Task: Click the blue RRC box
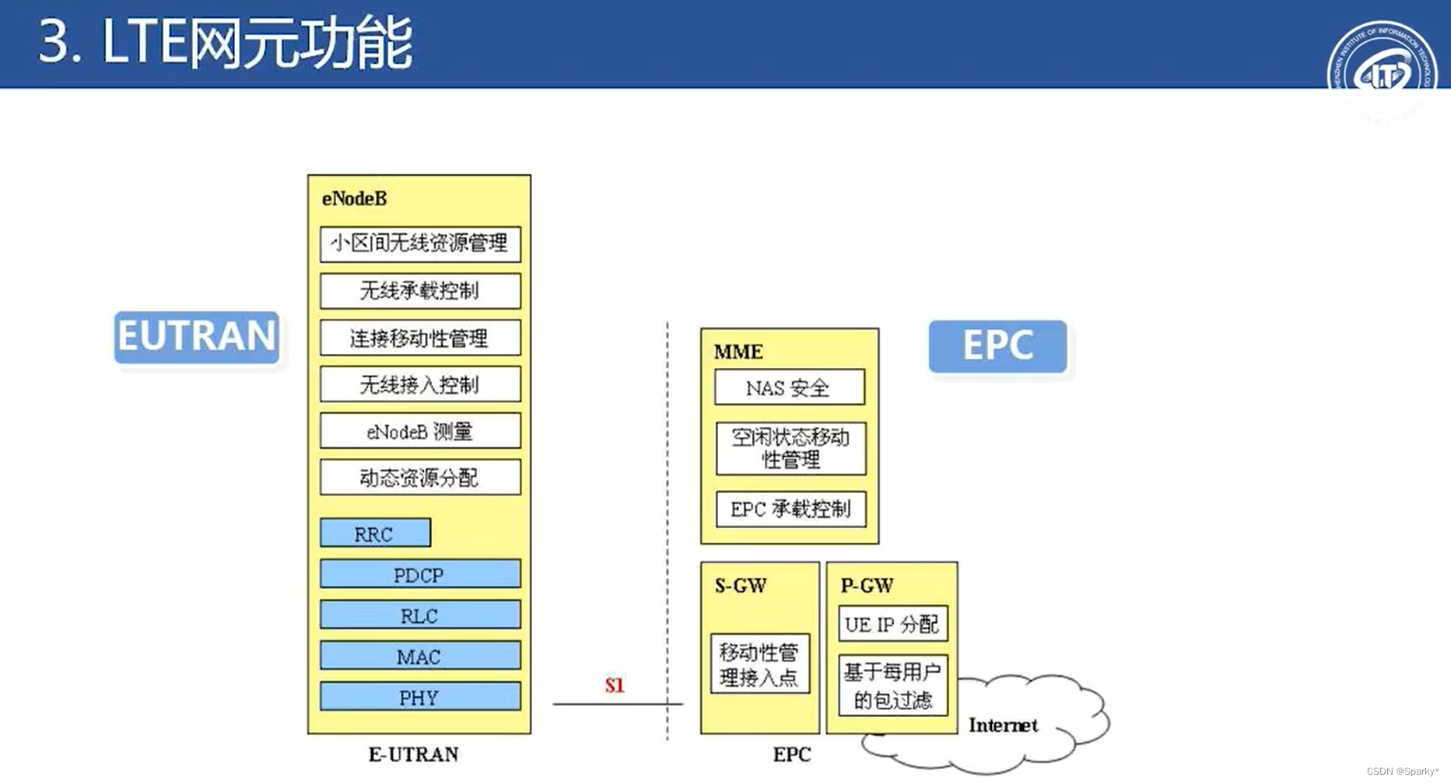click(375, 534)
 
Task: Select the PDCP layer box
click(420, 575)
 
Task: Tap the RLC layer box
click(420, 615)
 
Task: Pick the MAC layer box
click(420, 656)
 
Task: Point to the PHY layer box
click(420, 697)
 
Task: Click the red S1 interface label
click(615, 685)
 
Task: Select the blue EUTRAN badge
click(197, 337)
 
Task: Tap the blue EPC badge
click(997, 346)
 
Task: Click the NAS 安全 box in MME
click(789, 387)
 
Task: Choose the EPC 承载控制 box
click(790, 509)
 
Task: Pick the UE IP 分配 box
click(892, 624)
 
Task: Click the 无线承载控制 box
click(420, 291)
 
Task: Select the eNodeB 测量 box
click(420, 431)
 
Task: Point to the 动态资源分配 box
click(420, 478)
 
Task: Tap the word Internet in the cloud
click(1003, 726)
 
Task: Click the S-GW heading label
click(741, 586)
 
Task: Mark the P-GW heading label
click(867, 586)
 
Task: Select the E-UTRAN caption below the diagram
click(413, 754)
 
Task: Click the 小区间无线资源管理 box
click(420, 243)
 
